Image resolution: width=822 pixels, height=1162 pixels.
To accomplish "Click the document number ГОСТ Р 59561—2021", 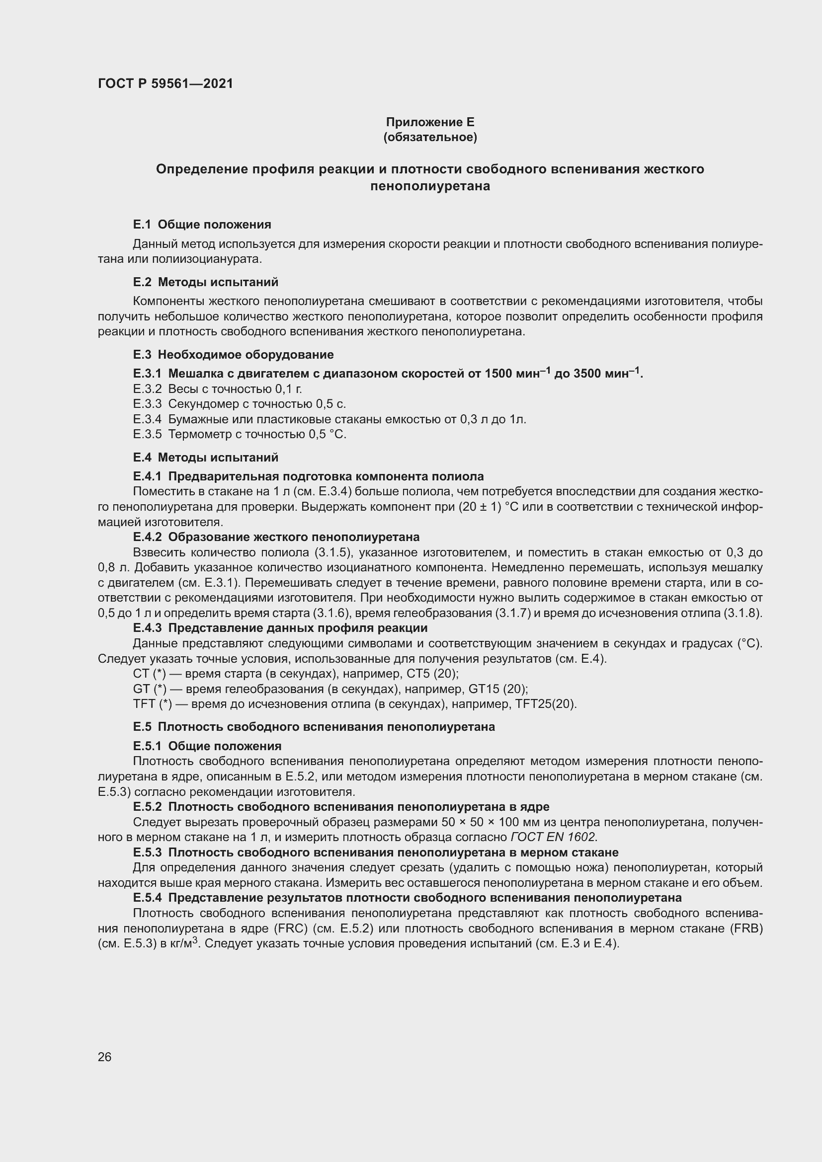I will (165, 83).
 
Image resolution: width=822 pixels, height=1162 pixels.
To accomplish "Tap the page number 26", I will (105, 1057).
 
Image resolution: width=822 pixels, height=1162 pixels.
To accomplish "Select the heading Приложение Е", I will (430, 122).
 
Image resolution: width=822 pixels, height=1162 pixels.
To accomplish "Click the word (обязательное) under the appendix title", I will (430, 137).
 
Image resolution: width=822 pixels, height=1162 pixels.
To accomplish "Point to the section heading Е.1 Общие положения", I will (202, 224).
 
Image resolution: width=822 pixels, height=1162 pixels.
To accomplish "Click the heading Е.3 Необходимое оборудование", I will (234, 354).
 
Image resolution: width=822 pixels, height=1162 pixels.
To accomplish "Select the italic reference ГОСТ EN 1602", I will (554, 837).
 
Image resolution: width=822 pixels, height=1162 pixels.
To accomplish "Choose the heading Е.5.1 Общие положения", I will (207, 746).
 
